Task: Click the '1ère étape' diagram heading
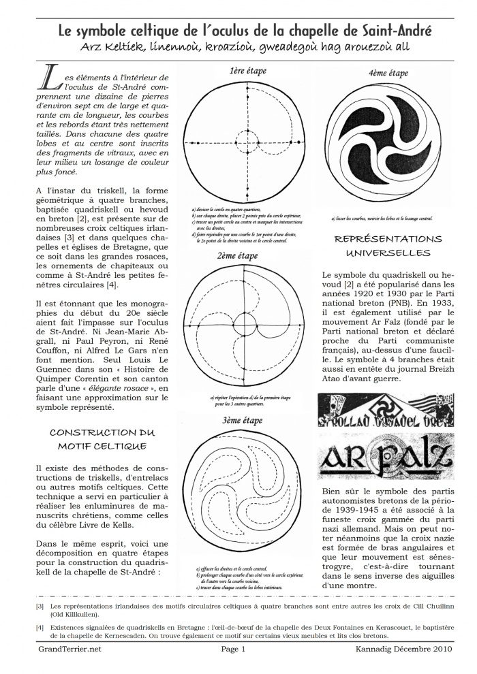coord(248,71)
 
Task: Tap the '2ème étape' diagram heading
coord(238,256)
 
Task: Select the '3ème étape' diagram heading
coord(243,421)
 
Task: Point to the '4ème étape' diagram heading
coord(388,74)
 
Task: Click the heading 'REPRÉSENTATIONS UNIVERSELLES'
coord(389,246)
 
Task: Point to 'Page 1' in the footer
coord(233,649)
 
